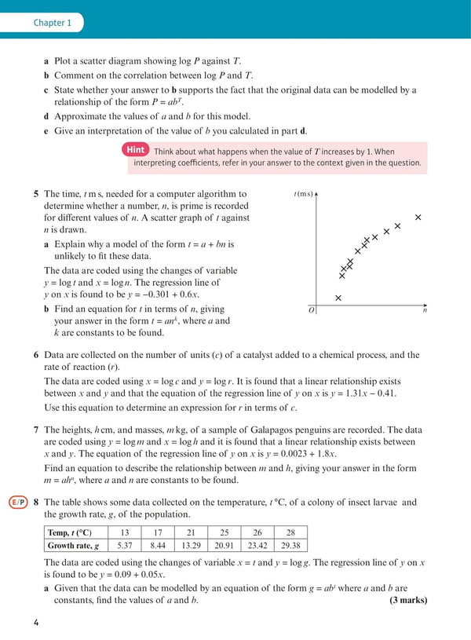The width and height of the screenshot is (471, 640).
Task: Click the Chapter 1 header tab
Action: pyautogui.click(x=52, y=23)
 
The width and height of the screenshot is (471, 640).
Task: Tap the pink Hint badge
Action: pyautogui.click(x=134, y=151)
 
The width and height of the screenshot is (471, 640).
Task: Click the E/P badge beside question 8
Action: pyautogui.click(x=17, y=503)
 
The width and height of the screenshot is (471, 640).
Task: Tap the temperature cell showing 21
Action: pyautogui.click(x=191, y=532)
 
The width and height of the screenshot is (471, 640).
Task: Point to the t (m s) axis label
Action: pyautogui.click(x=304, y=193)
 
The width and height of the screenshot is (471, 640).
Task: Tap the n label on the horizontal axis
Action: pyautogui.click(x=425, y=310)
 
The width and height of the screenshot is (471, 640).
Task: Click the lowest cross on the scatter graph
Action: pyautogui.click(x=338, y=298)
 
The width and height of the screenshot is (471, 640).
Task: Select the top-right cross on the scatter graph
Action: pyautogui.click(x=418, y=217)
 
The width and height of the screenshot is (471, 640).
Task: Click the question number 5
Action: pyautogui.click(x=36, y=194)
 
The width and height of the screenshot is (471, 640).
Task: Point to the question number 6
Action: pyautogui.click(x=36, y=355)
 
